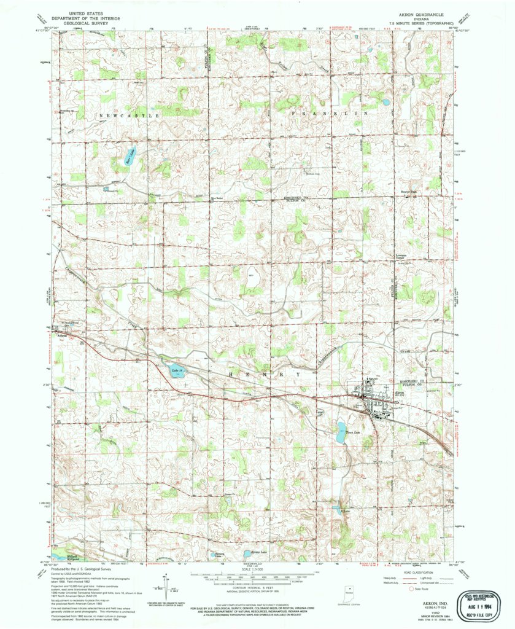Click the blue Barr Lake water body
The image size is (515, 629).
click(130, 155)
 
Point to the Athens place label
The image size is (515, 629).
click(63, 335)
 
